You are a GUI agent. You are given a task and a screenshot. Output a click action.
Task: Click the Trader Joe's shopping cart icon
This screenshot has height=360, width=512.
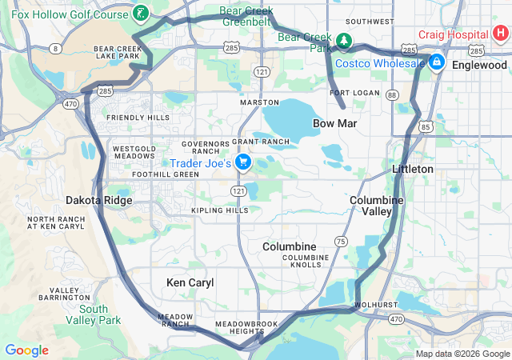point(243,163)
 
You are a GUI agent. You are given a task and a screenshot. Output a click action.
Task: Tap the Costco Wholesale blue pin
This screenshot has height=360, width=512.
point(437,63)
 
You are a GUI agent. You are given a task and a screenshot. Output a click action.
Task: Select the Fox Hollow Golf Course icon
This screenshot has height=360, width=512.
point(141,14)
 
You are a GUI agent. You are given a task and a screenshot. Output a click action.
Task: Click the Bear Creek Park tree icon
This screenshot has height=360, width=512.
point(343,40)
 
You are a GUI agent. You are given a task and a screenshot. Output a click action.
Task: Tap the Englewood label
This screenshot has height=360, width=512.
point(478,65)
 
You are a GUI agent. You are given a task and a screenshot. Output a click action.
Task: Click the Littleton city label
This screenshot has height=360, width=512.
point(413,170)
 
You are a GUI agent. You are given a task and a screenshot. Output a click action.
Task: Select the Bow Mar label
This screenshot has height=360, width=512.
point(334,124)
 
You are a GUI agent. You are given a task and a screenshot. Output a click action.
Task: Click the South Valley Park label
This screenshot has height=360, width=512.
point(100,314)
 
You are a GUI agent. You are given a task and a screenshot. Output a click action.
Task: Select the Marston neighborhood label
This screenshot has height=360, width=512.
point(260,102)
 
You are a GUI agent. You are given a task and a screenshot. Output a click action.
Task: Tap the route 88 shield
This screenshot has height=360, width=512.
point(391,95)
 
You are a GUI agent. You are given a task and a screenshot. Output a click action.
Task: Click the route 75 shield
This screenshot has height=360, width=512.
point(342,241)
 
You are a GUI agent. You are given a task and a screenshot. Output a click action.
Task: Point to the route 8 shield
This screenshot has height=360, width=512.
point(55,49)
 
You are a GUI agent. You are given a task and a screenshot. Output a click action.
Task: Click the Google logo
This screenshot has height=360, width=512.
point(26,350)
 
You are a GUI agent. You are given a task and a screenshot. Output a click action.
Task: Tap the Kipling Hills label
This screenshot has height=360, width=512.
point(219,210)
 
